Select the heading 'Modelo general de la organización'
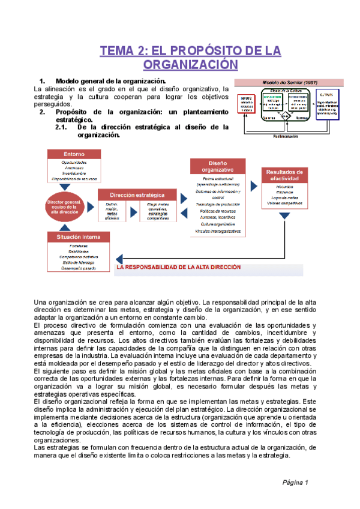pyautogui.click(x=110, y=81)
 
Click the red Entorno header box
pyautogui.click(x=74, y=154)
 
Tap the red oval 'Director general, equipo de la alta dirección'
pyautogui.click(x=64, y=206)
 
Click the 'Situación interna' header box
pyautogui.click(x=74, y=236)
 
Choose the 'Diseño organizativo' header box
pyautogui.click(x=217, y=166)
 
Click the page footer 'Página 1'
pyautogui.click(x=295, y=482)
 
